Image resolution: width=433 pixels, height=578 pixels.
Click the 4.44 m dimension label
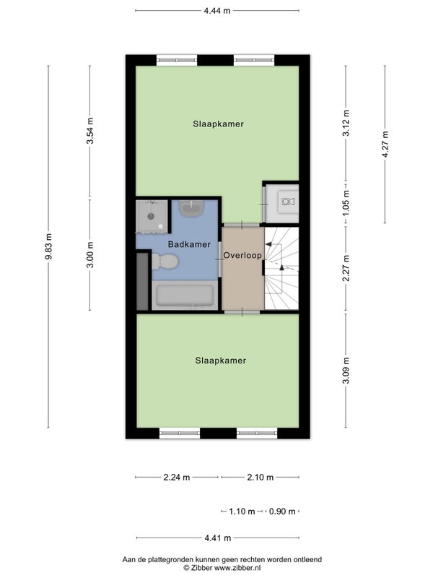click(x=217, y=11)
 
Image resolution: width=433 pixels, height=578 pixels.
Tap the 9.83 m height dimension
click(x=48, y=246)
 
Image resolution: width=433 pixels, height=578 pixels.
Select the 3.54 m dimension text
click(x=90, y=131)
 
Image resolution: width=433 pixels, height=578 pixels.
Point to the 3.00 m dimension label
click(x=90, y=255)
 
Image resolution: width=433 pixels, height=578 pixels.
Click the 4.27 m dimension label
click(x=385, y=144)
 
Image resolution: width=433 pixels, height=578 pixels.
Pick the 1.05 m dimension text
click(x=346, y=203)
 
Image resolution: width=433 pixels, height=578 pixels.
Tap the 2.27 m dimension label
click(x=346, y=268)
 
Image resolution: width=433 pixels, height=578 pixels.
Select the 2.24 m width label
click(x=177, y=478)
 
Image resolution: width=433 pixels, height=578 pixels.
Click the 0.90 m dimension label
click(x=282, y=512)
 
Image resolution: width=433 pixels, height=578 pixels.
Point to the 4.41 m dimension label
click(x=218, y=538)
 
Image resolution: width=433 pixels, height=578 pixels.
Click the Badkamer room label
click(x=189, y=244)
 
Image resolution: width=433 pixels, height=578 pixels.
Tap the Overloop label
click(x=242, y=255)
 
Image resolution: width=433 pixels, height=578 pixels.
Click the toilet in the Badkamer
click(x=165, y=262)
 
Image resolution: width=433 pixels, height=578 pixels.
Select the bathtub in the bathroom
click(x=185, y=295)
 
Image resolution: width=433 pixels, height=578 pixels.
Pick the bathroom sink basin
click(x=191, y=209)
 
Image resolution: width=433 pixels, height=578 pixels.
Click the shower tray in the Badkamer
click(x=152, y=217)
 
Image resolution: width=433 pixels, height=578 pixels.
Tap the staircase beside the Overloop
click(x=281, y=268)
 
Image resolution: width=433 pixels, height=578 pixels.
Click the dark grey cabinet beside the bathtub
click(x=142, y=281)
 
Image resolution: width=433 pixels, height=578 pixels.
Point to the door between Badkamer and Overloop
click(x=220, y=259)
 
